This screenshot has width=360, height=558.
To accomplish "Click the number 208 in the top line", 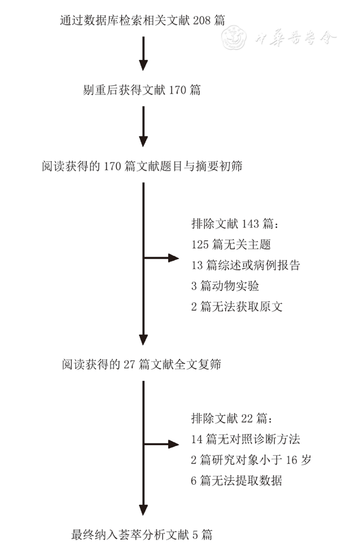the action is tap(202, 20).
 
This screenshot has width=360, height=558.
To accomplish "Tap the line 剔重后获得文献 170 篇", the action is tap(142, 90).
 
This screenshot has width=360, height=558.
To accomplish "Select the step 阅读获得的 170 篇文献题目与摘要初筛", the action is tap(142, 166).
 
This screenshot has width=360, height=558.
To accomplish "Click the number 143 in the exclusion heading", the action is tap(250, 223).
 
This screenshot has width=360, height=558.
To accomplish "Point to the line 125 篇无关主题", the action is tap(231, 244).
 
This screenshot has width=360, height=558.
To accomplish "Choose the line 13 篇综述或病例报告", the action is tap(246, 265).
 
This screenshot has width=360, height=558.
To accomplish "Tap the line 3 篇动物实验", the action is tap(225, 286).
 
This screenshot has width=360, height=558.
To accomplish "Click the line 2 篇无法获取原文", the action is tap(237, 306).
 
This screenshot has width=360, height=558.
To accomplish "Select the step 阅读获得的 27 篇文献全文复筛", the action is tap(142, 364).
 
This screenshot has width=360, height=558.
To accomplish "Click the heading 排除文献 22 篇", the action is tap(233, 418).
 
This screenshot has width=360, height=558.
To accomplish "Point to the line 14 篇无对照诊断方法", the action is tap(246, 439).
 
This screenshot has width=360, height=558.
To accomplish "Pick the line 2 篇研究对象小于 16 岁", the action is tap(251, 459).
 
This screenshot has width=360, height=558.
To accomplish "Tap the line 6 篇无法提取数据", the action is tap(237, 480).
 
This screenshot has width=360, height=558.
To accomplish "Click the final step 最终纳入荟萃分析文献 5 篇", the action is tap(142, 534).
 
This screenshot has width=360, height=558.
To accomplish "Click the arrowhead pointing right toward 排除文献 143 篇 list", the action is tap(174, 257).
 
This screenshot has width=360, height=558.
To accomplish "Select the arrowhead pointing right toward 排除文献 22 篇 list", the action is tap(174, 444).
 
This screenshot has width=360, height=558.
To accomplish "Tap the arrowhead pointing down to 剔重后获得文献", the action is tap(143, 65).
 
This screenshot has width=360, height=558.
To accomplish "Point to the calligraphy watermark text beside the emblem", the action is tap(296, 38).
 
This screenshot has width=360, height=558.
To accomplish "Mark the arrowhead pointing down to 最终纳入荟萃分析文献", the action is tap(143, 510).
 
